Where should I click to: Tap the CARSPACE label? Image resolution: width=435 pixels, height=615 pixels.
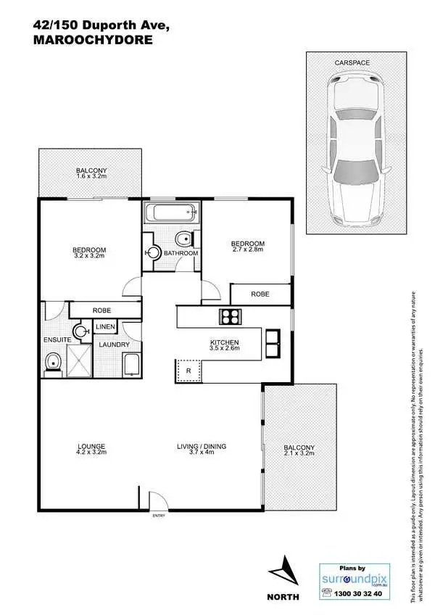pyautogui.click(x=352, y=63)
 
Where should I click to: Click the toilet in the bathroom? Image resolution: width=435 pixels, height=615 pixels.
pyautogui.click(x=185, y=239)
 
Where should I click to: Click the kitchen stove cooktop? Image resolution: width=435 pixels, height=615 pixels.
pyautogui.click(x=231, y=316)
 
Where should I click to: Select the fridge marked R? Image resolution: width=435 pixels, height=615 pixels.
pyautogui.click(x=188, y=370)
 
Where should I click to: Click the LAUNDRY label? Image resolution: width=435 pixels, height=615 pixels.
pyautogui.click(x=114, y=344)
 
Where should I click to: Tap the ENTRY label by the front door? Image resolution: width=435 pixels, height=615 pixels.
pyautogui.click(x=158, y=516)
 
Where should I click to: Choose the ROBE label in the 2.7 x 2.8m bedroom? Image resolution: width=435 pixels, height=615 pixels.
pyautogui.click(x=260, y=294)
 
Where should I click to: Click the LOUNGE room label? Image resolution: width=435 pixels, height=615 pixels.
pyautogui.click(x=92, y=446)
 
